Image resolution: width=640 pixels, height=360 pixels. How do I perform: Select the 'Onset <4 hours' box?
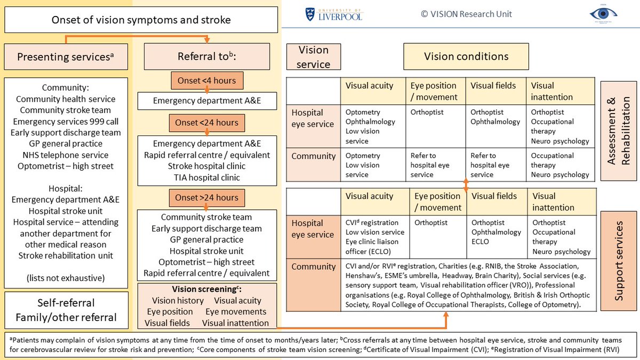pos(207,81)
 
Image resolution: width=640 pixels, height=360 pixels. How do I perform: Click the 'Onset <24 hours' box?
pos(207,123)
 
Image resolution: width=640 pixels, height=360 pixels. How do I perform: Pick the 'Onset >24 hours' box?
pos(207,198)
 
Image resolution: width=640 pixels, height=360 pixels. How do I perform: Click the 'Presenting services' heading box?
pos(66,57)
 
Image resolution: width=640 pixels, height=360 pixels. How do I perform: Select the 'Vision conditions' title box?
pos(466,57)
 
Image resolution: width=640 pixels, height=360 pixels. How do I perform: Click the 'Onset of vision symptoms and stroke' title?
pos(141,20)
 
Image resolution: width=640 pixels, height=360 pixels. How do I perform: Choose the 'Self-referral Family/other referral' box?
pos(66,310)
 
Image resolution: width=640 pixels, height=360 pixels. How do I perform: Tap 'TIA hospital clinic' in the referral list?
pos(207,178)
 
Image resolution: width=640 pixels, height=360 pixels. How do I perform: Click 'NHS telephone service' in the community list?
pos(66,155)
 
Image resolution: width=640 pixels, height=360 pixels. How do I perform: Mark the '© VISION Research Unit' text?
pos(466,14)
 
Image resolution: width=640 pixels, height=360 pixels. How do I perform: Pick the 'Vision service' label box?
pos(313,57)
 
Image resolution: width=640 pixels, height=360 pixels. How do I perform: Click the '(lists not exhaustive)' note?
pos(66,277)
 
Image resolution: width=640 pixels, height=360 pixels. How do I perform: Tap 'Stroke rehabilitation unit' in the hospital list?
pos(66,255)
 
